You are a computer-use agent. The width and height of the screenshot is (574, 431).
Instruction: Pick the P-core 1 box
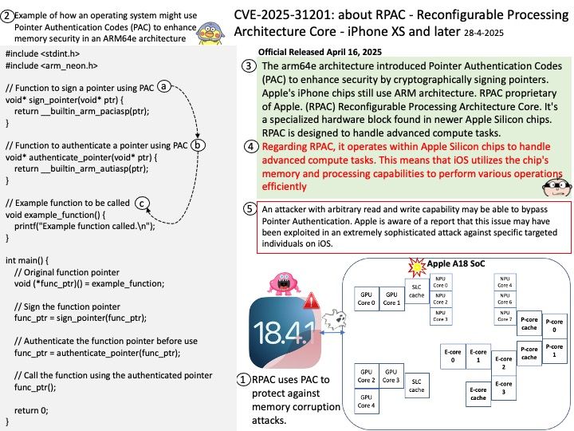555,350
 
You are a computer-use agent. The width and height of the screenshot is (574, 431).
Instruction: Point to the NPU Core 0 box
440,284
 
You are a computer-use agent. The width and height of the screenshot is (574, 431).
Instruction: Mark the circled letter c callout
140,203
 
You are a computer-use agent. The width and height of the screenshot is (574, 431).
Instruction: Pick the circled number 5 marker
250,210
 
